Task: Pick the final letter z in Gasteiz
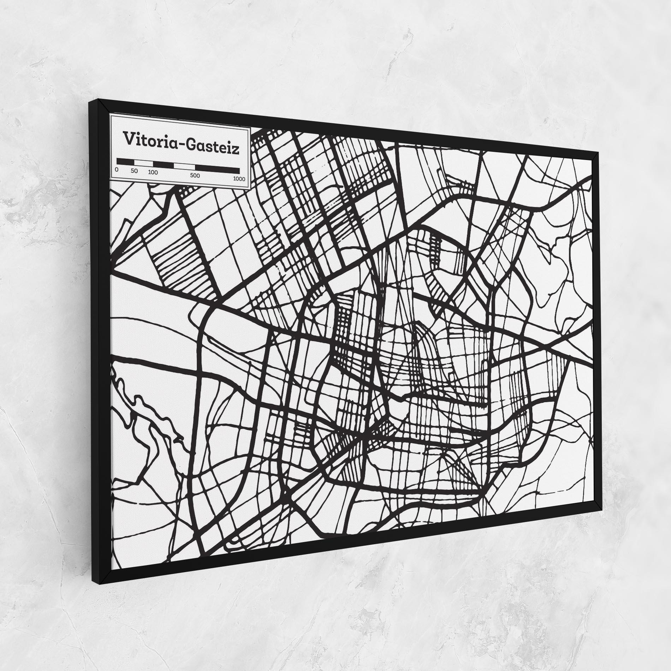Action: click(x=236, y=150)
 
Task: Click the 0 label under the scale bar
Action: click(x=117, y=170)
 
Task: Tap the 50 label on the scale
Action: click(x=134, y=171)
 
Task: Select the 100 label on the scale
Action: click(x=153, y=173)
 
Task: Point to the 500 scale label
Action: click(x=195, y=176)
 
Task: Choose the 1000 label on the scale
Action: click(x=239, y=179)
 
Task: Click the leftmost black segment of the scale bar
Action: click(x=125, y=161)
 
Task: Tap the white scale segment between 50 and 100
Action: click(x=143, y=163)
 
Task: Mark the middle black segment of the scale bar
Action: click(x=163, y=164)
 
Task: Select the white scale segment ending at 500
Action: click(x=184, y=166)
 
